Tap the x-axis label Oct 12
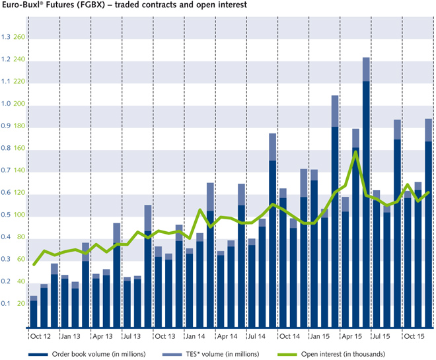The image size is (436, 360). pos(43,336)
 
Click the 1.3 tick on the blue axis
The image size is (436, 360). pos(6,37)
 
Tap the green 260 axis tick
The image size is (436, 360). pos(19,37)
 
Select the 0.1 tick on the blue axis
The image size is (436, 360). pos(6,304)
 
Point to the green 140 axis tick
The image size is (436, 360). pos(19,170)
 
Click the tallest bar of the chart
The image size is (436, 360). pos(365,198)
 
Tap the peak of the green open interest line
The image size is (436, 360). pos(355,152)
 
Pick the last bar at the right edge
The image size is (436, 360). pos(428,225)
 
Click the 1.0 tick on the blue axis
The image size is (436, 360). pos(6,104)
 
